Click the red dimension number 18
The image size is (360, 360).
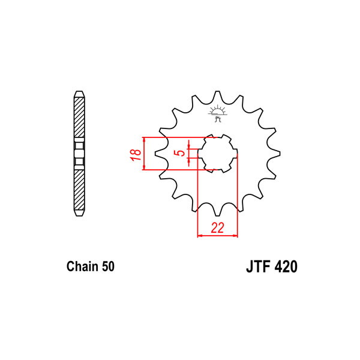(x=136, y=155)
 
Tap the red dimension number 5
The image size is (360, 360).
(x=181, y=152)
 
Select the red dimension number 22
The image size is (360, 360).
(x=217, y=228)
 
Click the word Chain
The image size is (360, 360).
(x=82, y=266)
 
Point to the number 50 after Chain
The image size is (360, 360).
(x=108, y=266)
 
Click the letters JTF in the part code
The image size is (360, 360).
(x=257, y=266)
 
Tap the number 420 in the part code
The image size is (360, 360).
(x=286, y=266)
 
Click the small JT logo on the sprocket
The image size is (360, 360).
(x=217, y=113)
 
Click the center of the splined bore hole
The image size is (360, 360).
(x=217, y=154)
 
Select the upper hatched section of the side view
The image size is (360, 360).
(x=79, y=118)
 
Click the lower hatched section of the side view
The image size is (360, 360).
(x=79, y=190)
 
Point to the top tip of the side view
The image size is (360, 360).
(x=79, y=91)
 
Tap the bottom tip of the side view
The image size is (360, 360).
(x=79, y=216)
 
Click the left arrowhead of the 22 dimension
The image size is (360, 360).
(x=200, y=236)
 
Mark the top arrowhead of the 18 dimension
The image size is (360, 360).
(x=144, y=139)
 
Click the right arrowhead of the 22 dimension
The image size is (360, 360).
(x=235, y=236)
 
